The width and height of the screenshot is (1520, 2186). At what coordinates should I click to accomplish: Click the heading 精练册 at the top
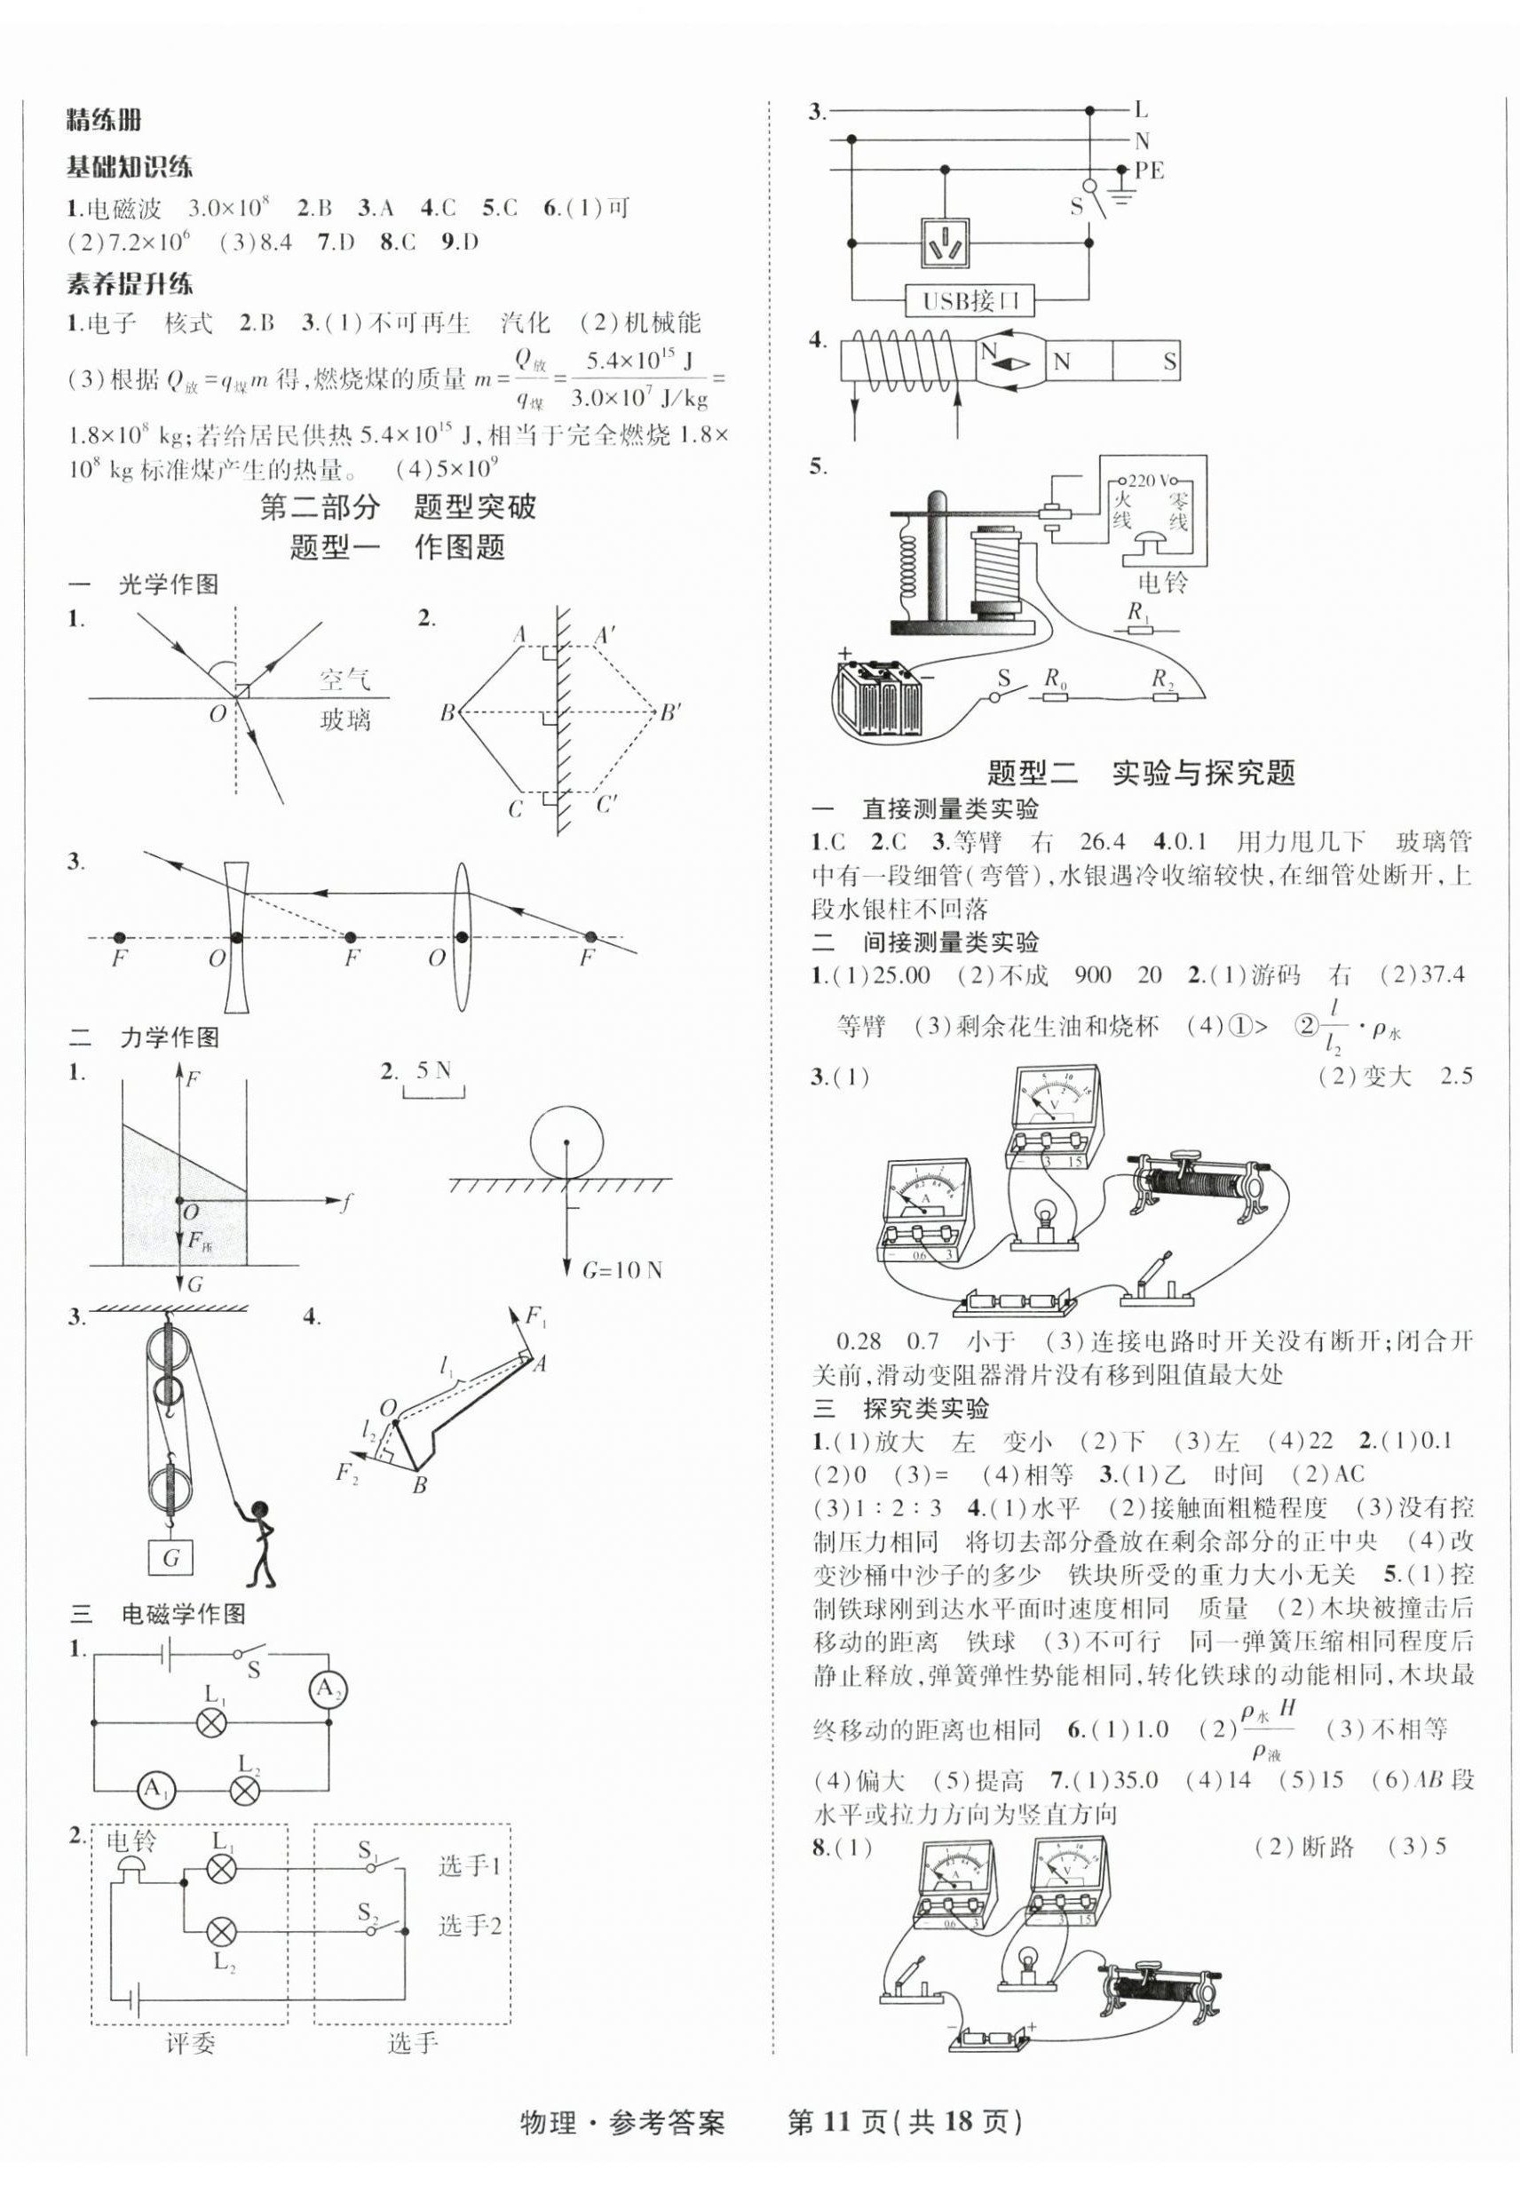[x=104, y=121]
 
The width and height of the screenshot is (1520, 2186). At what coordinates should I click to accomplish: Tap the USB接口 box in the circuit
[x=970, y=301]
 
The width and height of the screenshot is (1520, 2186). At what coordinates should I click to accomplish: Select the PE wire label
[x=1150, y=171]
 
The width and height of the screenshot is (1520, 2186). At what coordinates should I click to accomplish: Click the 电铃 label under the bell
[x=1162, y=582]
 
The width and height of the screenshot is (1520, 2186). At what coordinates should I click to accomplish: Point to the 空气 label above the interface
[x=344, y=680]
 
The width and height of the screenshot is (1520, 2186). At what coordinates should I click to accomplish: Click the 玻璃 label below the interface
[x=344, y=719]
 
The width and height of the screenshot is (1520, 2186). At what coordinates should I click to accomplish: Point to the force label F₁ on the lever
[x=537, y=1317]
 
